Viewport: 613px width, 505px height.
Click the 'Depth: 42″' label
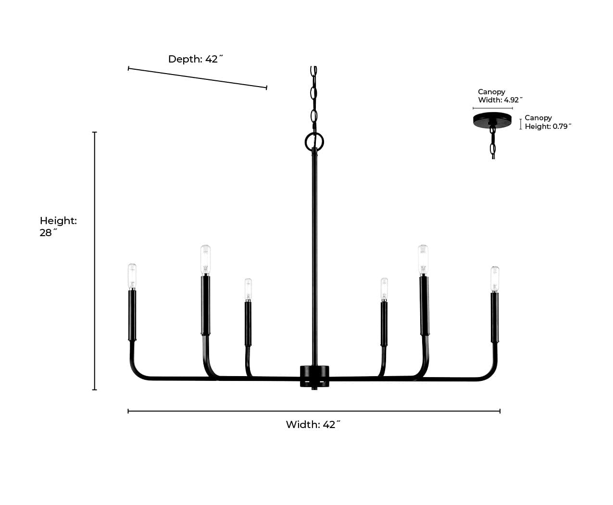point(196,59)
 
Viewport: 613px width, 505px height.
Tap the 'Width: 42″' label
point(313,425)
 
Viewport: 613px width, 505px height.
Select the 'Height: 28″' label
point(58,227)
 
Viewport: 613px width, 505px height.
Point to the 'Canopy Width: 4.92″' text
point(500,96)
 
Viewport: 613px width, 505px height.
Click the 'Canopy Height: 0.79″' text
point(548,122)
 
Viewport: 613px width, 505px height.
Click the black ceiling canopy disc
point(492,119)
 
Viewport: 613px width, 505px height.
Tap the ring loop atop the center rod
point(314,141)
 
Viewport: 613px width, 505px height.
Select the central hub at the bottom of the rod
point(314,376)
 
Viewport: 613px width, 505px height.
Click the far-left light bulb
point(132,276)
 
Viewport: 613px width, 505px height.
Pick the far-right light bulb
point(495,278)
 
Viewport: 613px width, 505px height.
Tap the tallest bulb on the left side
point(205,260)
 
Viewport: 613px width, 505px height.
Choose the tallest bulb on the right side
point(423,260)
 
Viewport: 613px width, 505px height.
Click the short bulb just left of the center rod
point(248,290)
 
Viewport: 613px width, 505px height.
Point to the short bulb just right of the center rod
point(384,289)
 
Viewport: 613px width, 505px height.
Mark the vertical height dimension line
point(95,260)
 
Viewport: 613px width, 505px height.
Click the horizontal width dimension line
point(313,411)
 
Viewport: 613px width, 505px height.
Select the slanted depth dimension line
point(197,78)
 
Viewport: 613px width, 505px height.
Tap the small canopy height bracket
point(521,124)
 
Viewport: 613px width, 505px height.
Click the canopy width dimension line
point(492,108)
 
